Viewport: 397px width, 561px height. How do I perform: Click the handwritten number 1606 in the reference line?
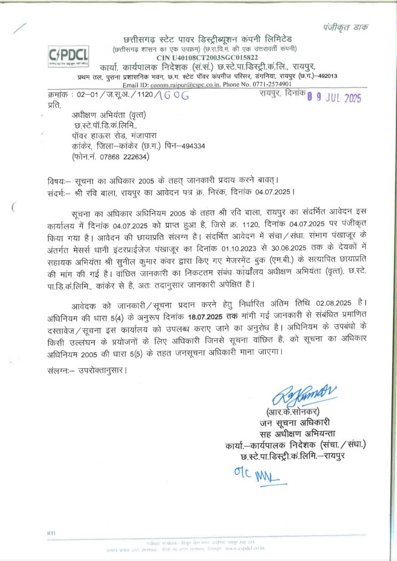pos(172,95)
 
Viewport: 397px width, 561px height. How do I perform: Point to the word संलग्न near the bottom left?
pos(57,371)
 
